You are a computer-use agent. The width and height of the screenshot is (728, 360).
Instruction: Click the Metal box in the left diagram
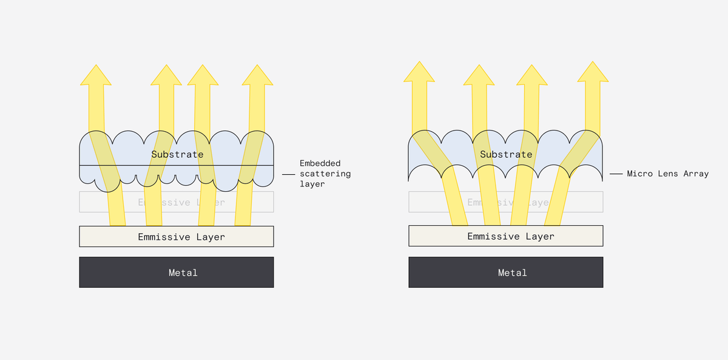point(176,273)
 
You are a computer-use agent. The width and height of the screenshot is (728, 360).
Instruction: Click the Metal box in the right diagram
point(505,273)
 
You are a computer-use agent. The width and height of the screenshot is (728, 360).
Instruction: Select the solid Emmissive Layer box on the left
point(176,237)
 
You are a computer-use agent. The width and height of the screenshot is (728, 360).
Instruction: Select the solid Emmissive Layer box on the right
point(505,237)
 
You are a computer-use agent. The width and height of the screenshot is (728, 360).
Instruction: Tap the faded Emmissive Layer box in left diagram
point(176,202)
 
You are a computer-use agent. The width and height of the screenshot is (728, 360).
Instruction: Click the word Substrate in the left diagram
point(177,154)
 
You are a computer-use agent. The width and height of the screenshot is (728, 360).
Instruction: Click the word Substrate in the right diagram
point(506,154)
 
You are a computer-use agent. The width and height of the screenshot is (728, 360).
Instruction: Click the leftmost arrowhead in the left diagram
point(96,75)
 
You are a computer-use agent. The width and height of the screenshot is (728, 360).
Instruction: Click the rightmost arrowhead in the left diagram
point(257,75)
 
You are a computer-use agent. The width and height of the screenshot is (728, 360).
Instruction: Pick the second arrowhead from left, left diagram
point(166,75)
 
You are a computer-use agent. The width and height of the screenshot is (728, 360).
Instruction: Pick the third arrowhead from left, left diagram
point(203,75)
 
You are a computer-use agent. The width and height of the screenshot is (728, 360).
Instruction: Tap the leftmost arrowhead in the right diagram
point(419,72)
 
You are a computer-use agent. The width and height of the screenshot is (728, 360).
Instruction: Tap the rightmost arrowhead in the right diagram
point(593,72)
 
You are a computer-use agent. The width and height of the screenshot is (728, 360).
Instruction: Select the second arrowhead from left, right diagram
point(479,75)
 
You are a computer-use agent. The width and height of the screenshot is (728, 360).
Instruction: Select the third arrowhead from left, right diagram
point(532,75)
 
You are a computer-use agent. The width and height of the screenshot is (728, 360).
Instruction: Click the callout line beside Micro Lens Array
point(616,174)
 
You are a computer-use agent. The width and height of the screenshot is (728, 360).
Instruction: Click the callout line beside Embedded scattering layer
point(288,174)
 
